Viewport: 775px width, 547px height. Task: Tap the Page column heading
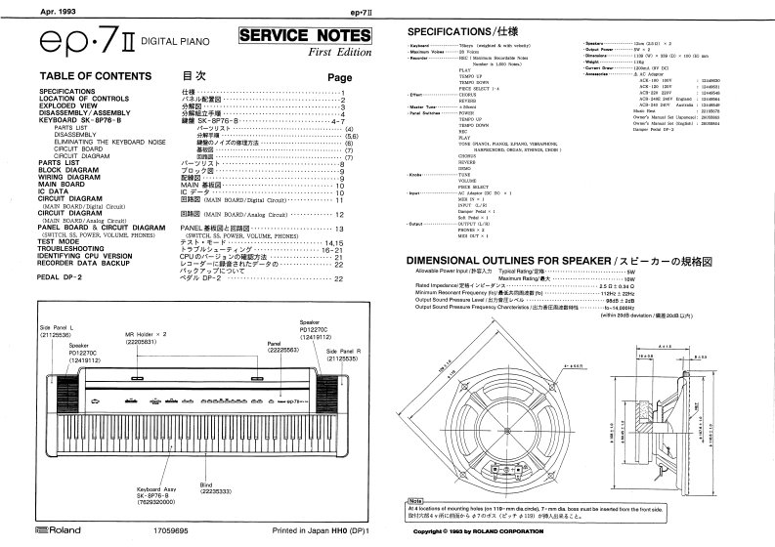pyautogui.click(x=339, y=78)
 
